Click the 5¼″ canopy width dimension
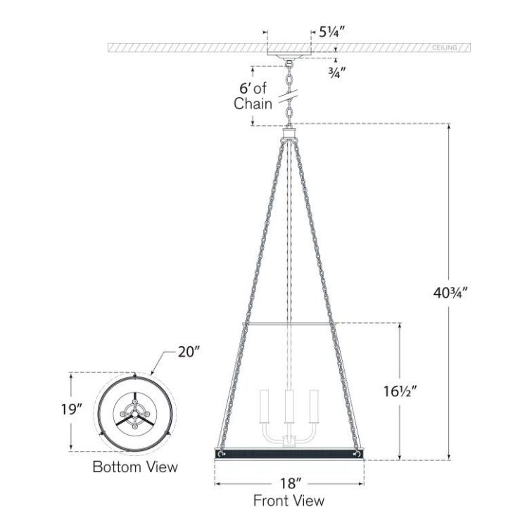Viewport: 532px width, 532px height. (x=332, y=32)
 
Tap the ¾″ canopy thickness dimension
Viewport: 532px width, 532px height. (x=337, y=72)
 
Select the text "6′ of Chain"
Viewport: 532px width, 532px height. (x=253, y=96)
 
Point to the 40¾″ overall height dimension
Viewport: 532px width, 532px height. (x=450, y=293)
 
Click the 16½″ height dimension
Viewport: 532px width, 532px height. (x=400, y=391)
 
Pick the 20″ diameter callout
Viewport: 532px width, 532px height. (x=188, y=352)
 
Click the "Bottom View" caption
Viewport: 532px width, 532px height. (x=135, y=467)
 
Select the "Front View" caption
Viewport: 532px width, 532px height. (x=289, y=501)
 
